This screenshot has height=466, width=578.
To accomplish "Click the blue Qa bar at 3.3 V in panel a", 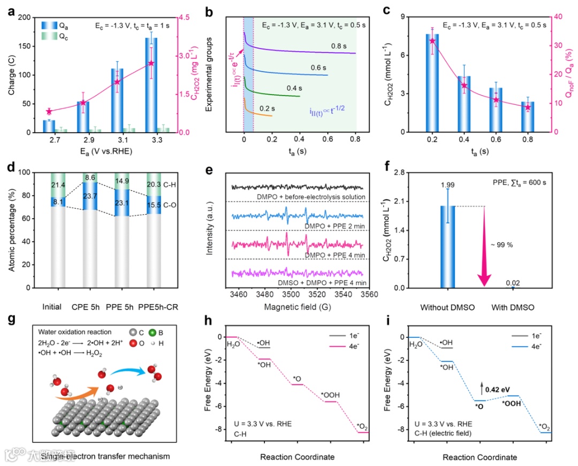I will (151, 85).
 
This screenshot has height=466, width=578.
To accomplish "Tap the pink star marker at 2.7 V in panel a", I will (49, 111).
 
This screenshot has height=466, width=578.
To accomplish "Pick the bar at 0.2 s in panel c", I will (432, 83).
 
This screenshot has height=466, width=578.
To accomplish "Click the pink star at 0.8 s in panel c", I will (527, 107).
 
